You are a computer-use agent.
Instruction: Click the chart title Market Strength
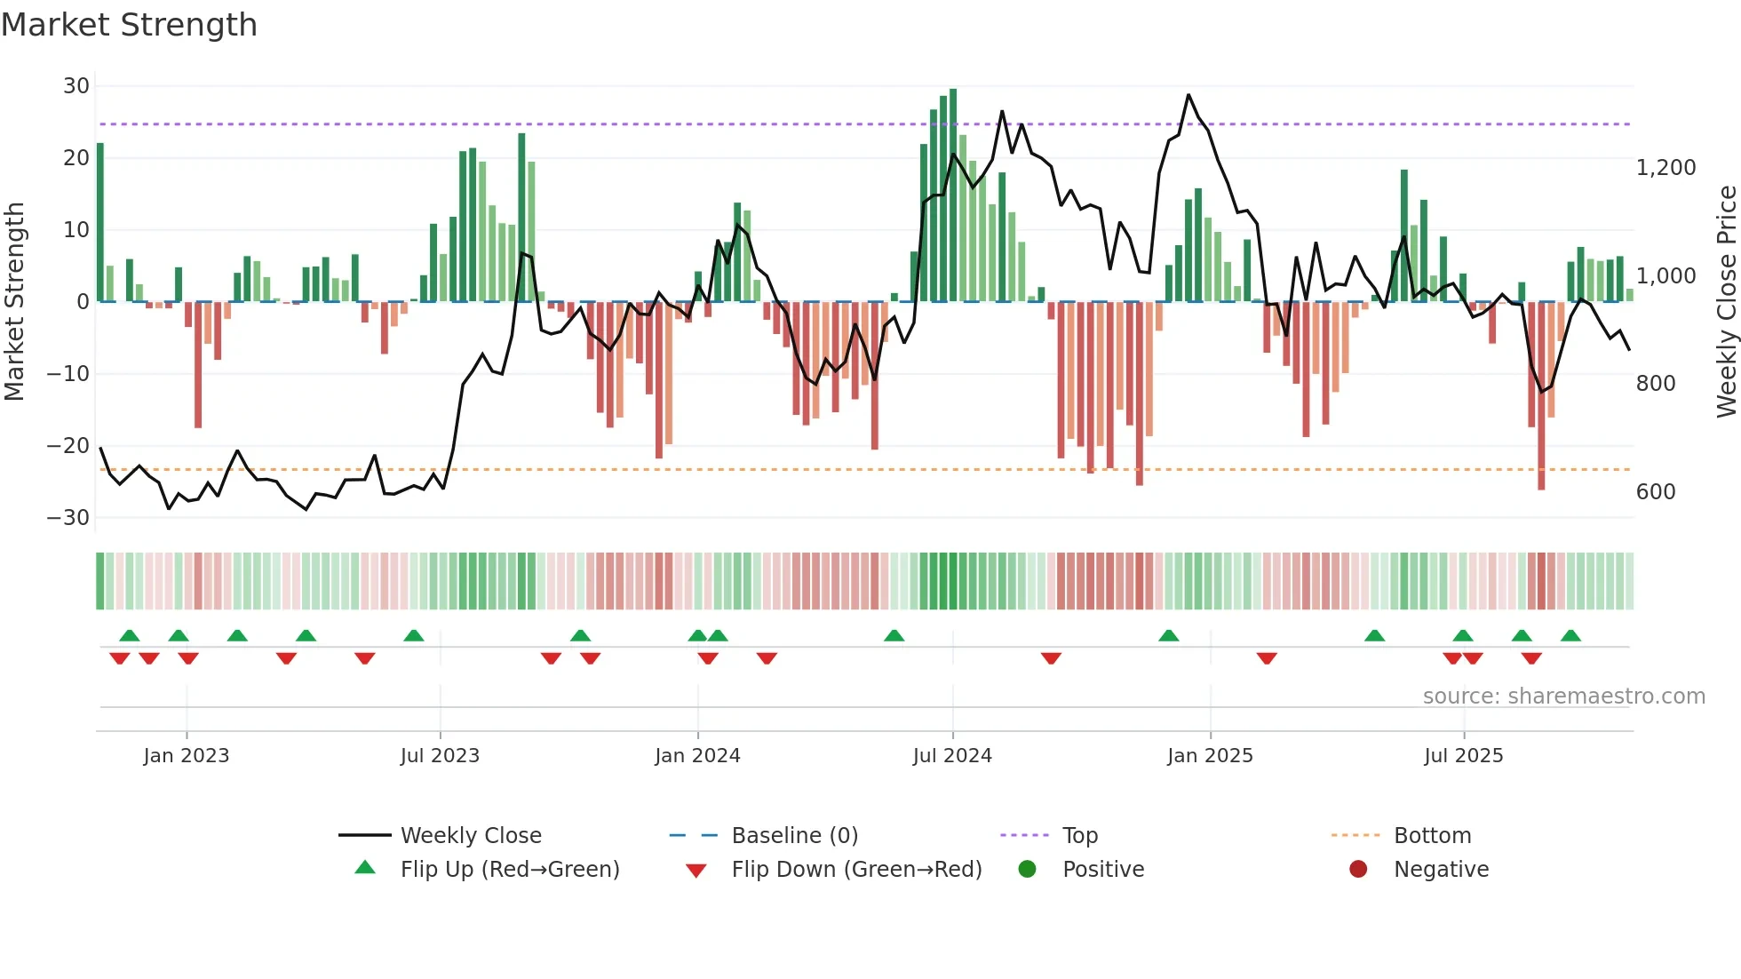(x=129, y=25)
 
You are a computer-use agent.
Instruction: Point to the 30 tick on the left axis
(x=76, y=86)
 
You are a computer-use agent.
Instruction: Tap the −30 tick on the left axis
(x=68, y=518)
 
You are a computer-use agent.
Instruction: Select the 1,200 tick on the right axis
(x=1665, y=168)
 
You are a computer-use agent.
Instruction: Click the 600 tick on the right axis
(x=1656, y=492)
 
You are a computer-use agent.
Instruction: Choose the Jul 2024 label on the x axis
(x=952, y=756)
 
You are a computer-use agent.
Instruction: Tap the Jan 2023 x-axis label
(x=187, y=756)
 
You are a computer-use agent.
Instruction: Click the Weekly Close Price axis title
(x=1726, y=301)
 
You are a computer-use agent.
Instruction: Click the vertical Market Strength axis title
(x=15, y=301)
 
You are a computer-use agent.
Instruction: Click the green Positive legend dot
(x=1028, y=870)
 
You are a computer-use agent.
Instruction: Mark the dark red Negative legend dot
(x=1358, y=870)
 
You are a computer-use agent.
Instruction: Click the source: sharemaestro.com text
(x=1563, y=696)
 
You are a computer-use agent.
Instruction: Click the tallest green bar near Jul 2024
(x=953, y=195)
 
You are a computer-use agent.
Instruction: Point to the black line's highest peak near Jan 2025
(x=1188, y=95)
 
